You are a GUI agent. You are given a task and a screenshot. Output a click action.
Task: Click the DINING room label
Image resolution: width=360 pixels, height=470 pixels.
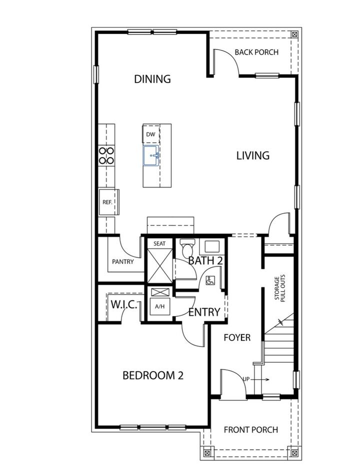coord(152,79)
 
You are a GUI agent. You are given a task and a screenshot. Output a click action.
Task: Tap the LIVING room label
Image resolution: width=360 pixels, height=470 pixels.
coord(252,155)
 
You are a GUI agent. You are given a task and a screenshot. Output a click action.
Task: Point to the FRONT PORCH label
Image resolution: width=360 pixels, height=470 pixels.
coord(250,429)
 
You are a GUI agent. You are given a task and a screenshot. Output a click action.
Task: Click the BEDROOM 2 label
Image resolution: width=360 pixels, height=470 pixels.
coord(153,375)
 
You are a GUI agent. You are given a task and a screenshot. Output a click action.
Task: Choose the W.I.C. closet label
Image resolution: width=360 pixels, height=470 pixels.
coord(124,304)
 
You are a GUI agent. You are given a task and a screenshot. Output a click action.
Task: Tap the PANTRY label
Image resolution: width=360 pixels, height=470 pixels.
coord(122,261)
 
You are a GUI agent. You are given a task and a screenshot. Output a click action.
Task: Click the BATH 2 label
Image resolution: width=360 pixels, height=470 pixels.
coord(205,260)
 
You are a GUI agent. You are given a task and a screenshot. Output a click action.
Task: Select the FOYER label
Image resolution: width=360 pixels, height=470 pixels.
coord(237,337)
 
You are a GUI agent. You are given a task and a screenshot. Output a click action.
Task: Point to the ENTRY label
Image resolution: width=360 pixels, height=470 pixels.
coord(204,312)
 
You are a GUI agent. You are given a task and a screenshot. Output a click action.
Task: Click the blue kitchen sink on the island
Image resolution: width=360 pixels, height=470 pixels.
coord(151,155)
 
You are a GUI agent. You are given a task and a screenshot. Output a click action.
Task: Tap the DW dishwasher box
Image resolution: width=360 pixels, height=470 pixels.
coord(150,134)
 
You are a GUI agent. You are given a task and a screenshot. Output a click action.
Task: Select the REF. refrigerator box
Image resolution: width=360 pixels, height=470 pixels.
coord(106,202)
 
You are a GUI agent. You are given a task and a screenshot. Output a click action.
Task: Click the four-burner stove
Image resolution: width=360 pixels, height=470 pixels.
coord(106,155)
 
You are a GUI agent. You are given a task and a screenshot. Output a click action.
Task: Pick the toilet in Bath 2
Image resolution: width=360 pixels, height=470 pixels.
coord(187,247)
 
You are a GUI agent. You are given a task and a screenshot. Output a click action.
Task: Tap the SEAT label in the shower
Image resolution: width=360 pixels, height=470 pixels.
coord(159,243)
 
